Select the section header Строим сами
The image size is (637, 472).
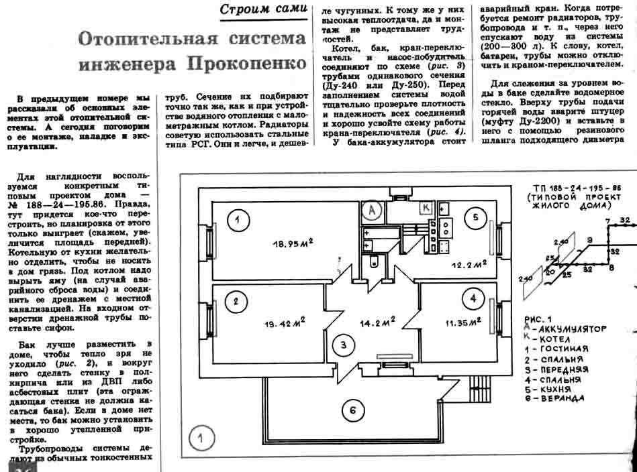(x=264, y=9)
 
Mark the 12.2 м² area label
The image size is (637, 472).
(x=469, y=265)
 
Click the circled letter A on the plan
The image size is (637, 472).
(x=372, y=209)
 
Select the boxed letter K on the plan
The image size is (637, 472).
(x=426, y=208)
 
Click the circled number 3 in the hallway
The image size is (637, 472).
(x=343, y=345)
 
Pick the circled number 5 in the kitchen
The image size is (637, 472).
(x=475, y=217)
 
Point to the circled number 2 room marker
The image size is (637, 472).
(x=236, y=302)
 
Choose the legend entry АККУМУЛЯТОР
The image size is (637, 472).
(x=568, y=329)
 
